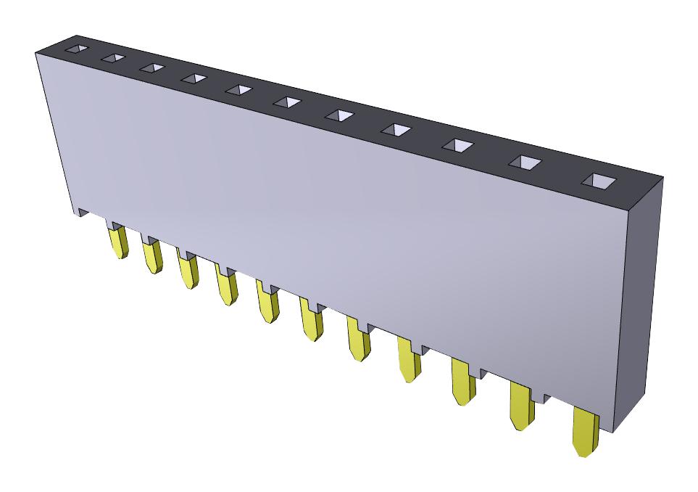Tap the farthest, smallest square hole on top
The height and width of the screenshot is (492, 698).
pos(75,49)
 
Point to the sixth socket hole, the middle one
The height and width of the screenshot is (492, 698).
pos(287,103)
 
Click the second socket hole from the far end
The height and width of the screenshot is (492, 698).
pos(112,58)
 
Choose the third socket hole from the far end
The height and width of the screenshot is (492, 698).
pos(151,67)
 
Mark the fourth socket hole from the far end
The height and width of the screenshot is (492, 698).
pos(194,78)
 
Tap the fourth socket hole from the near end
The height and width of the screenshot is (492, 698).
pos(396,130)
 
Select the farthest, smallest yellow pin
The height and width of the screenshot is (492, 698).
pos(117,242)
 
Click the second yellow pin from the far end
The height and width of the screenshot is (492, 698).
pos(151,257)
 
